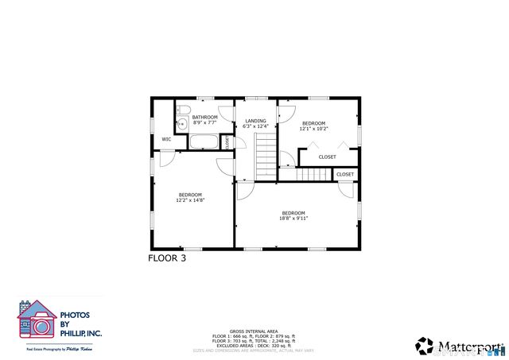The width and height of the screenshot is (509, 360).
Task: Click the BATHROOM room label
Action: pyautogui.click(x=204, y=118)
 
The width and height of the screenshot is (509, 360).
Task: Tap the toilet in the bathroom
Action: pyautogui.click(x=182, y=110)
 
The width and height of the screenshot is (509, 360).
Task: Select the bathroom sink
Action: pyautogui.click(x=181, y=124)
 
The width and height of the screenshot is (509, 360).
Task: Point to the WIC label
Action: pyautogui.click(x=166, y=139)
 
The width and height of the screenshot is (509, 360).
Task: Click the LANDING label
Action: pyautogui.click(x=255, y=121)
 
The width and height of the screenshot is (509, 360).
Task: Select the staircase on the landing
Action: pyautogui.click(x=265, y=157)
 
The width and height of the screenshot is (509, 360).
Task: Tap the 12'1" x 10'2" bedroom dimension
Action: pyautogui.click(x=313, y=128)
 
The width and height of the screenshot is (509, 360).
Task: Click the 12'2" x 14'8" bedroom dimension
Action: pyautogui.click(x=189, y=200)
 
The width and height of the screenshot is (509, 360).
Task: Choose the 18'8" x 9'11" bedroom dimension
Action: pyautogui.click(x=293, y=218)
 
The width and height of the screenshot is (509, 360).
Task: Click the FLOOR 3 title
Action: pyautogui.click(x=167, y=257)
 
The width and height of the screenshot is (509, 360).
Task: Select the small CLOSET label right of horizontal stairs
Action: pyautogui.click(x=345, y=174)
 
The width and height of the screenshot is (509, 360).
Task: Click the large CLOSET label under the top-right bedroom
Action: pyautogui.click(x=327, y=157)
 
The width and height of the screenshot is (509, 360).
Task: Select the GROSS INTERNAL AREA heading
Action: pyautogui.click(x=253, y=331)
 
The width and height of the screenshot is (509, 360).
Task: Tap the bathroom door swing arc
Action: pyautogui.click(x=225, y=112)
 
